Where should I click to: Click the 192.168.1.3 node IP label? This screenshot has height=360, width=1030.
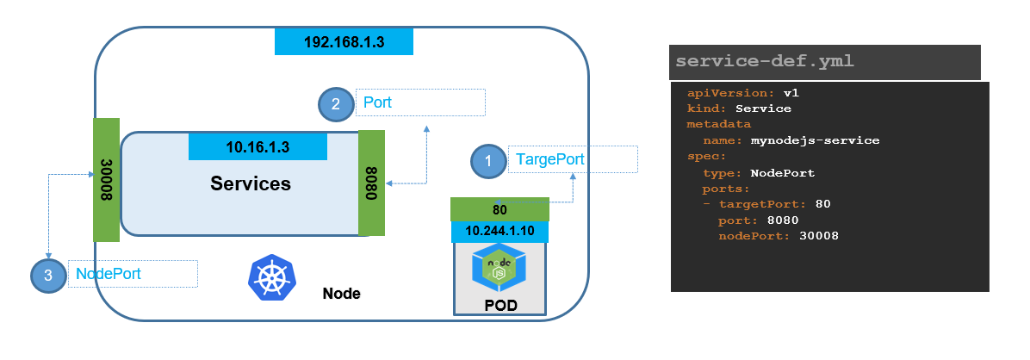point(344,41)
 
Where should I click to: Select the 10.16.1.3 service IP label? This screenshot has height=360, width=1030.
point(257,146)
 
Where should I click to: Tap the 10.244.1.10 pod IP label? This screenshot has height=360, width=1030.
point(499,232)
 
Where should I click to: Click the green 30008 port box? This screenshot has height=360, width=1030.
point(106,179)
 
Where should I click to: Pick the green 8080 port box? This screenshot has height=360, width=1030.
point(370,183)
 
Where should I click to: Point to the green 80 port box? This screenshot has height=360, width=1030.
point(499,208)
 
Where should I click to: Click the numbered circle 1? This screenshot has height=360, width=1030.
point(488,161)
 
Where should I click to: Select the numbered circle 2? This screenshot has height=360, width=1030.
point(335,104)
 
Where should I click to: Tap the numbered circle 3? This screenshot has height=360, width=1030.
point(48,275)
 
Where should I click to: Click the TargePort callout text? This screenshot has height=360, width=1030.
point(549,159)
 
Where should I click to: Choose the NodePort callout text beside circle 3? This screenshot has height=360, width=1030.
point(109,273)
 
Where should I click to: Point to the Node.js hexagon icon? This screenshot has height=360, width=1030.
point(499,269)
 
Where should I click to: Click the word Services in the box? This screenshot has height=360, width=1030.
point(251,183)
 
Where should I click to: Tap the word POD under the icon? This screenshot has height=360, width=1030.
point(499,306)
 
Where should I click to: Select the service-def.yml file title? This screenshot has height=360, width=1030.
point(766,62)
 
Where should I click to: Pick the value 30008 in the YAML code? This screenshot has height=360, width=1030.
point(818,235)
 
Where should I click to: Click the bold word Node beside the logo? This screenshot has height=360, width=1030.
point(341,294)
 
